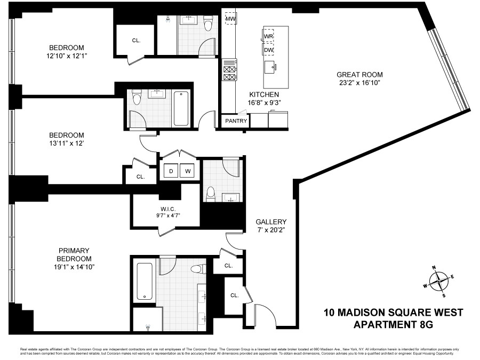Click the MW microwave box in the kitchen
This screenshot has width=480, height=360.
tap(230, 19)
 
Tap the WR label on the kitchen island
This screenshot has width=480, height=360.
tap(269, 36)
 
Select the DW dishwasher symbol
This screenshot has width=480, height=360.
tap(269, 50)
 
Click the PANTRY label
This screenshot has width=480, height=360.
tap(236, 121)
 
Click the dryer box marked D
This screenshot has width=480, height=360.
tap(171, 171)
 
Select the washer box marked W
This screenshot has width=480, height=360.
tap(188, 171)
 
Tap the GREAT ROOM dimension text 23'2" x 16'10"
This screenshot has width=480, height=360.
tap(359, 83)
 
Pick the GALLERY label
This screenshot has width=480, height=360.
tap(271, 222)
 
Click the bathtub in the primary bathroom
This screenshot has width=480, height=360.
tap(144, 281)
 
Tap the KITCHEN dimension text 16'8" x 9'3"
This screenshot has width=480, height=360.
tap(260, 103)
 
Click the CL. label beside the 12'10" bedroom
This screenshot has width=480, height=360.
tap(136, 39)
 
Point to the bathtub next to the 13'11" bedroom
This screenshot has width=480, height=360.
tap(181, 108)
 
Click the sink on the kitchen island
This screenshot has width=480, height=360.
tap(270, 66)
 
